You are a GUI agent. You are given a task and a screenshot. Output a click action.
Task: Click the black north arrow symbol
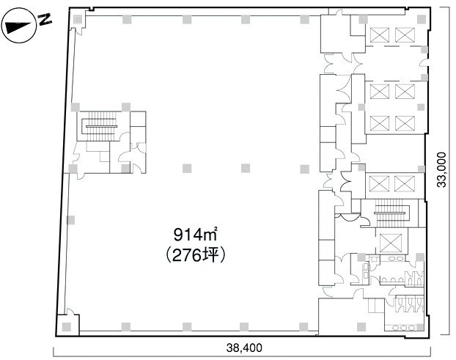click(x=18, y=26)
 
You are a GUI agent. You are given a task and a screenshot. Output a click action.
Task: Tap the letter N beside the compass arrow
click(x=45, y=20)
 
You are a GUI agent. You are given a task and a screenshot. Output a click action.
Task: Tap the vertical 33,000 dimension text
click(x=441, y=170)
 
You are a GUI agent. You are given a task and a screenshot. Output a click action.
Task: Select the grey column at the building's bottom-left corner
click(x=67, y=326)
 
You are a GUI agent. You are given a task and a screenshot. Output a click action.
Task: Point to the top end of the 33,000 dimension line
click(x=441, y=9)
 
